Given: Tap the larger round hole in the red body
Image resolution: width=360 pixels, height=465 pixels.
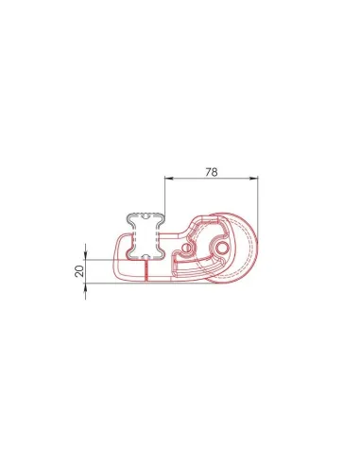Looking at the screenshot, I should click(221, 247).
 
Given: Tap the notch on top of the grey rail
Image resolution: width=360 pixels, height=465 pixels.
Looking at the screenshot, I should click(146, 214).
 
